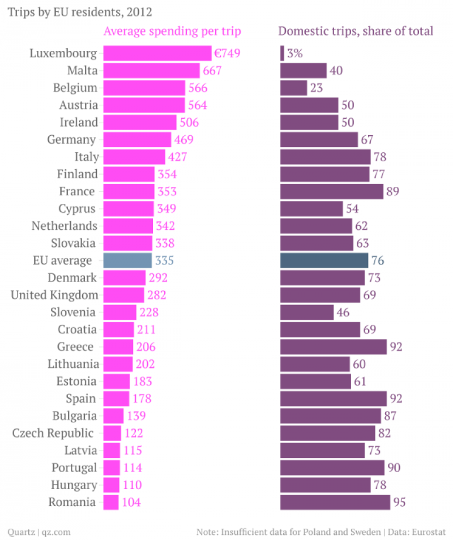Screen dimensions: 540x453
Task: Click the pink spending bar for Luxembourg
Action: pos(157,53)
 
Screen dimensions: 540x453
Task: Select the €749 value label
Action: pos(227,54)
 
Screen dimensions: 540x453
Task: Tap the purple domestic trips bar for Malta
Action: pos(303,71)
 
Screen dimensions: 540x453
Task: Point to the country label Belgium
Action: pos(75,88)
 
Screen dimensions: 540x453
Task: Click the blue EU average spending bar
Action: pos(127,260)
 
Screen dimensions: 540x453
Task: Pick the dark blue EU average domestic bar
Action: pos(324,260)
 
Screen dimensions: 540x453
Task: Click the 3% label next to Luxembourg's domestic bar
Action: pos(295,54)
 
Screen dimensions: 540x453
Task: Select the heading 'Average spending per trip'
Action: pos(172,31)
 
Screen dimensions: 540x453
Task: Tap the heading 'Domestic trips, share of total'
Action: pos(356,31)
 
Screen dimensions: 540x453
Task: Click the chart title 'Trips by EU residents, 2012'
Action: pos(79,11)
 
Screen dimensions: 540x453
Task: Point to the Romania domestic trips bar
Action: pos(335,502)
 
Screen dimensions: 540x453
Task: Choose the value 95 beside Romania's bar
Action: pos(400,502)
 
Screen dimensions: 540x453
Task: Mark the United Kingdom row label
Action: pos(54,295)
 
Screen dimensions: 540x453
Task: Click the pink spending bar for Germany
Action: pos(137,140)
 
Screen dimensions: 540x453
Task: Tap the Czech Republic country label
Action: pos(53,433)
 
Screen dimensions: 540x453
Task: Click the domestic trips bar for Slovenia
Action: pos(307,312)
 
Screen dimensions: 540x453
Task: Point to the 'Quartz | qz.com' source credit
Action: pos(39,532)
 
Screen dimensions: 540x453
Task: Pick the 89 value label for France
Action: pos(392,191)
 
